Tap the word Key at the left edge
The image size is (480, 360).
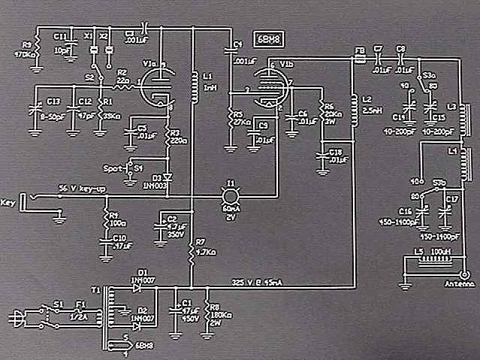pyautogui.click(x=9, y=202)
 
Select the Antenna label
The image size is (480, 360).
pyautogui.click(x=460, y=285)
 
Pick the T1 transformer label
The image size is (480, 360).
pyautogui.click(x=95, y=289)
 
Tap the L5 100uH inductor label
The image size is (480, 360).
pyautogui.click(x=430, y=250)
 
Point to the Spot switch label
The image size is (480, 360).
pyautogui.click(x=115, y=167)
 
